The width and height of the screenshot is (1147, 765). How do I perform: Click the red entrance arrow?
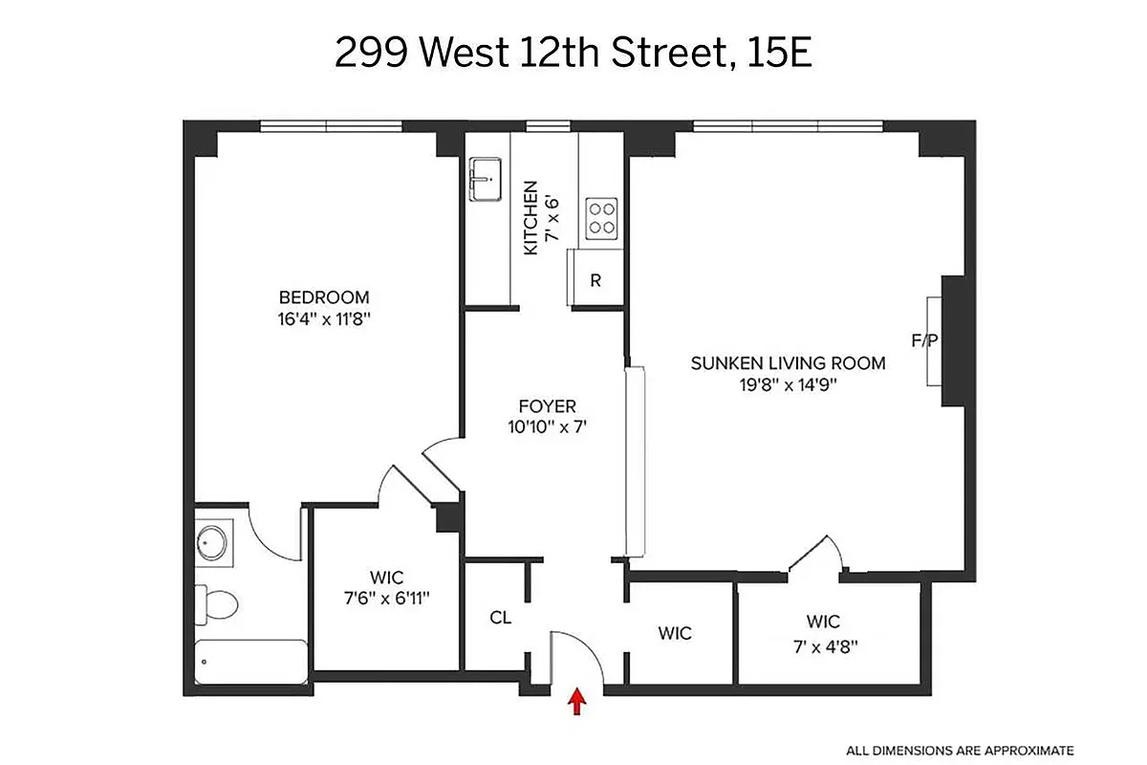point(576,703)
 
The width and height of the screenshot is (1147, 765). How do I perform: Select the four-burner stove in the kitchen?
point(601,216)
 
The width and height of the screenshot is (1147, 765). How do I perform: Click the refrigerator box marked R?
point(595,280)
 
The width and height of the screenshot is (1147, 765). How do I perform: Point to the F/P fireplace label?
point(923,339)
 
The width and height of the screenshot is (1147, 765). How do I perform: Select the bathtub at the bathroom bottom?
point(250,661)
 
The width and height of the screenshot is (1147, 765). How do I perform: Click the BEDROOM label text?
point(323,297)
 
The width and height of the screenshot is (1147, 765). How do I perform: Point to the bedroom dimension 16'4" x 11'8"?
point(323,319)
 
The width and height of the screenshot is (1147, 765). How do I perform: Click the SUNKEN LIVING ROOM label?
point(788,363)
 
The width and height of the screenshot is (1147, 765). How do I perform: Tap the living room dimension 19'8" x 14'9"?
point(788,385)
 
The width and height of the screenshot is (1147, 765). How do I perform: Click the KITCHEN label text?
point(530,218)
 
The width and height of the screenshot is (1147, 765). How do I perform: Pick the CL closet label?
point(500,618)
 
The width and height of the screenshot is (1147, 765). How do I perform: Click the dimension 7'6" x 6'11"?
point(386,599)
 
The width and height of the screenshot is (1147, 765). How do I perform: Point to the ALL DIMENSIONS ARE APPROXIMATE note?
point(959,750)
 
